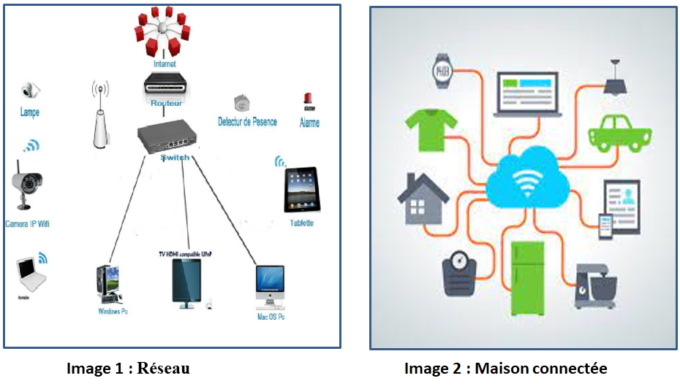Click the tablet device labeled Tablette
coord(301,190)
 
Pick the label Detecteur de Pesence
coord(247,122)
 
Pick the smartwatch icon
coord(442,72)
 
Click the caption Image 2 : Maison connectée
coord(505,369)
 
